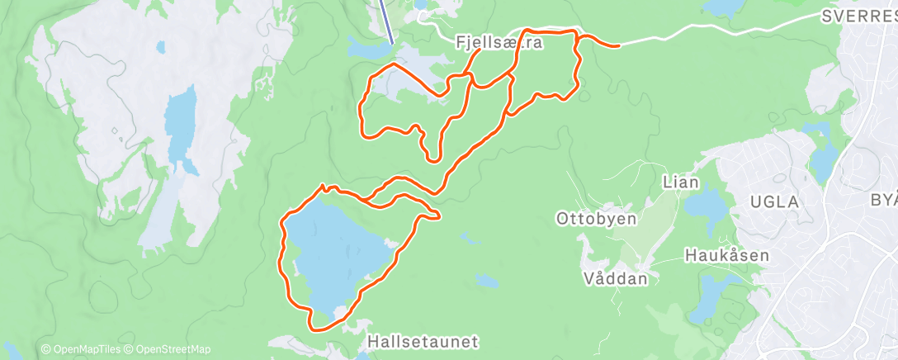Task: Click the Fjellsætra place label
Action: (499, 42)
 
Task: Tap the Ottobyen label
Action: (597, 220)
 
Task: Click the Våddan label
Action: (616, 278)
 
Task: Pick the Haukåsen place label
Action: (727, 256)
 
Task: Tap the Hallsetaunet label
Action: (423, 340)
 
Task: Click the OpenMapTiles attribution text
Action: (78, 349)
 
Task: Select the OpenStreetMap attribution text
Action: (164, 349)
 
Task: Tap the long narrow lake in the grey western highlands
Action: (180, 124)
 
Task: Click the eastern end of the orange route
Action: (617, 45)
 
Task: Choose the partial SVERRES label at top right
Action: (859, 16)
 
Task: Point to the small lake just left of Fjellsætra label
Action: (363, 49)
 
